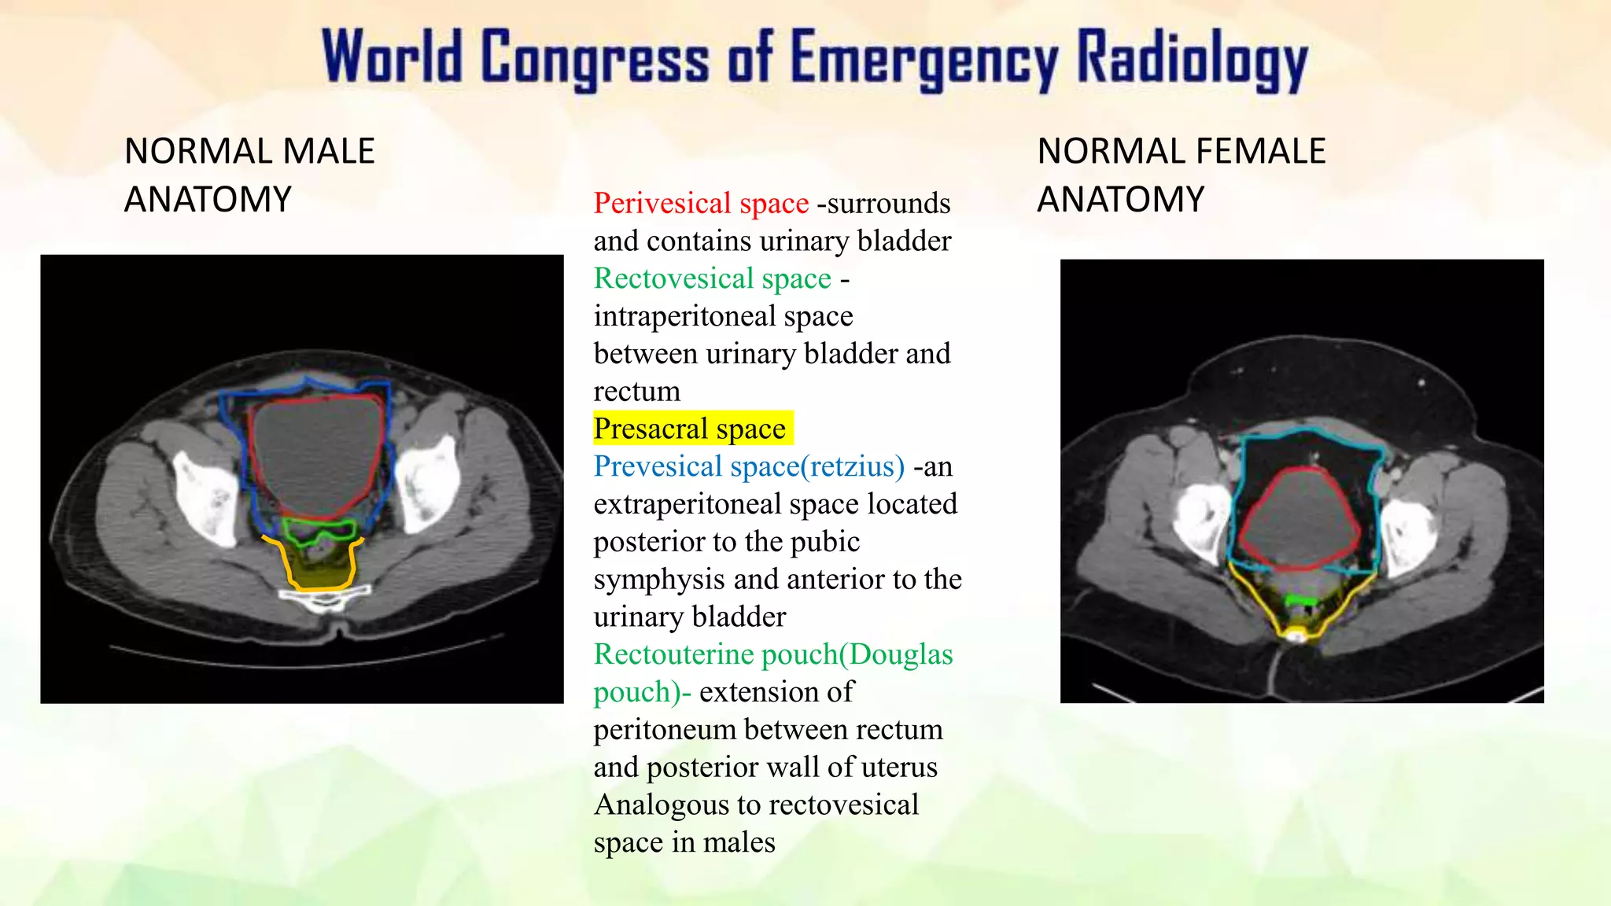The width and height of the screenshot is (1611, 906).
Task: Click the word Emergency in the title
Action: pos(924,59)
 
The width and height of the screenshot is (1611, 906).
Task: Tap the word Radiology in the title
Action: pos(1191,59)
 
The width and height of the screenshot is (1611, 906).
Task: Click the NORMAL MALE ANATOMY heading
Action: pos(249,175)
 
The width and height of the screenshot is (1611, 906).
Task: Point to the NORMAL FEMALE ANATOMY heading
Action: pos(1181,175)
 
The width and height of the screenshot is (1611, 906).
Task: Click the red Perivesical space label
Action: pos(701,203)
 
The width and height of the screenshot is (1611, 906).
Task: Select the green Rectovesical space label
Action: pos(712,278)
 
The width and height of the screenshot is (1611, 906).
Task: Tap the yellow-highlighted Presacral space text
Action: pos(690,429)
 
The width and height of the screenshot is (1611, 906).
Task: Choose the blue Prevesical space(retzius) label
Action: pos(749,466)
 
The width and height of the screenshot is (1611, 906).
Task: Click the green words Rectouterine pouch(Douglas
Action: pos(773,654)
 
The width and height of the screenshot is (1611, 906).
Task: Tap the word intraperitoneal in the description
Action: pos(682,316)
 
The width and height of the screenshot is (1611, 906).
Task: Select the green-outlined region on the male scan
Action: pos(319,531)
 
